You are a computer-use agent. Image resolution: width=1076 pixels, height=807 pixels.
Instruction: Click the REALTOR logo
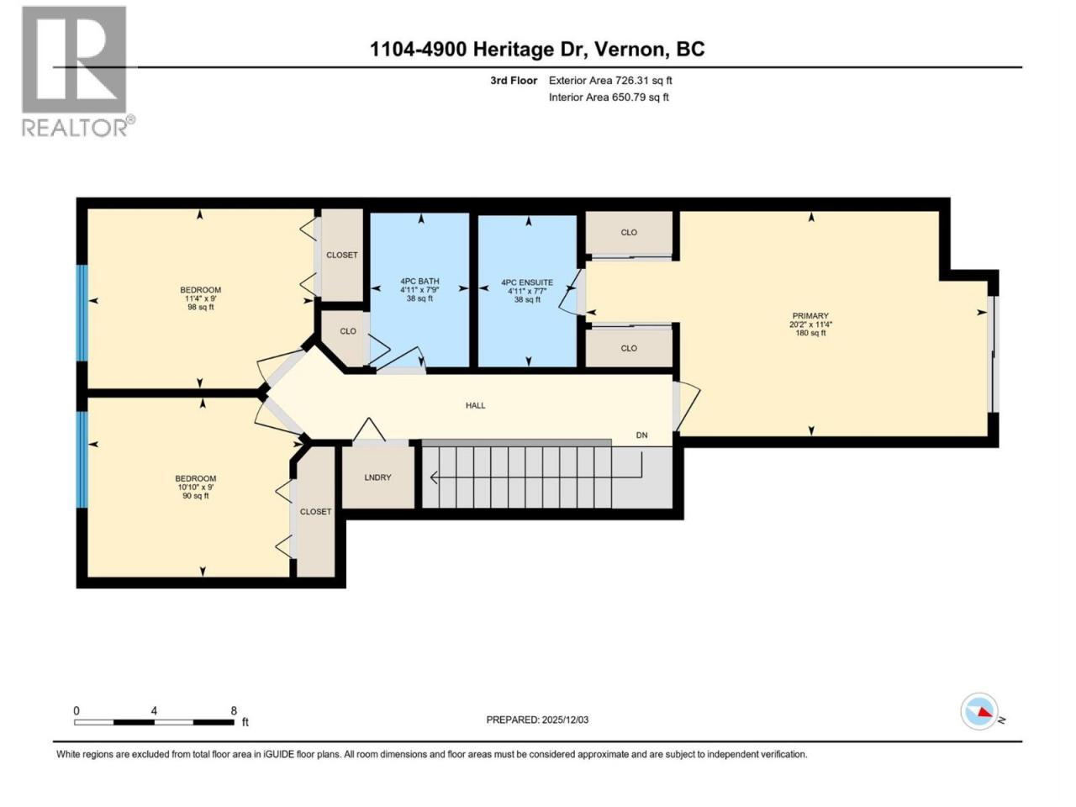coord(78,71)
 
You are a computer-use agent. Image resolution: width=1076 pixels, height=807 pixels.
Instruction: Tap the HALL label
coord(475,405)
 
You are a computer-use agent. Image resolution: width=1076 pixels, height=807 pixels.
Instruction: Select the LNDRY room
coord(377,477)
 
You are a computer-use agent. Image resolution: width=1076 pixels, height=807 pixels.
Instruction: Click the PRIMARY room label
coord(810,316)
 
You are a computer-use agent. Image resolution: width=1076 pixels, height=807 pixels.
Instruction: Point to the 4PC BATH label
coord(419,282)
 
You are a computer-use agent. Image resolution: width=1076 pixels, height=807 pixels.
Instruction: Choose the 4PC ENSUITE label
coord(527,282)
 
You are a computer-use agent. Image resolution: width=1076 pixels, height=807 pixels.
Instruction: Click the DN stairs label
coord(641,435)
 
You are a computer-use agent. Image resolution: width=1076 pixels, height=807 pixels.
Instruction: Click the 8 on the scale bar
coord(234,710)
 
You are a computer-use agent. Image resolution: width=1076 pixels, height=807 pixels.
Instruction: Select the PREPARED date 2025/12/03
coord(565,720)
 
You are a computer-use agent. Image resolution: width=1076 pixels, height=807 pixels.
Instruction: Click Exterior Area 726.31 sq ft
coord(610,81)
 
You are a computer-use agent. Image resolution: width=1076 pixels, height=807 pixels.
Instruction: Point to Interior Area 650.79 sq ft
coord(609,97)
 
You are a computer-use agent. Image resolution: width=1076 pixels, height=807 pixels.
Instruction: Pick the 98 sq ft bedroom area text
coord(201,307)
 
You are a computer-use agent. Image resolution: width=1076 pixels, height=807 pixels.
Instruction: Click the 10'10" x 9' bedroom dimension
coord(196,487)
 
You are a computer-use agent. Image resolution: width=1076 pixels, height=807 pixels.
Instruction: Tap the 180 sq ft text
coord(810,333)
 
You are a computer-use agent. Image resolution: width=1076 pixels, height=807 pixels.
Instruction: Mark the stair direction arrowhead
coord(434,477)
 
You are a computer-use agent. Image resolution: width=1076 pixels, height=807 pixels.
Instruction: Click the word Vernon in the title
coord(632,50)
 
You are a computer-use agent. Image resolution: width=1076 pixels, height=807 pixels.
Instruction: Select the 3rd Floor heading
coord(514,81)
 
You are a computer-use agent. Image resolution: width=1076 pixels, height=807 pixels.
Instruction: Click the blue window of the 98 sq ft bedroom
coord(82,313)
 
